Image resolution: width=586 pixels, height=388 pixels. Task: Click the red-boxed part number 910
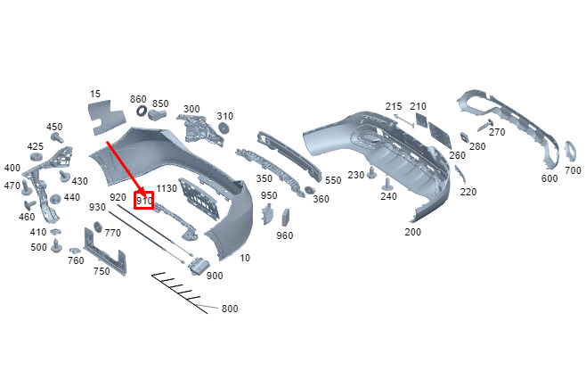(144, 201)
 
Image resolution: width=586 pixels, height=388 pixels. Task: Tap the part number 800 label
(230, 310)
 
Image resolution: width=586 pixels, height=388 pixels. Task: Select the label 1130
(167, 190)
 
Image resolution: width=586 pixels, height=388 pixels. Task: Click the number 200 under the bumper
(412, 232)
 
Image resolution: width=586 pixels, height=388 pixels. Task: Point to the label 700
(573, 169)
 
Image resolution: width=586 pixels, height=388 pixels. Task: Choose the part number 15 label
(96, 93)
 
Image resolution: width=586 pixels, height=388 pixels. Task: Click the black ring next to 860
(140, 114)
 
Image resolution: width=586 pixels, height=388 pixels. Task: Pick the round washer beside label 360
(310, 191)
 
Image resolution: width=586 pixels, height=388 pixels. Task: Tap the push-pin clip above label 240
(387, 183)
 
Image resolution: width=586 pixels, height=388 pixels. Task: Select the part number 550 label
(332, 180)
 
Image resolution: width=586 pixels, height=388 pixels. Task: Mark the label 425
(35, 146)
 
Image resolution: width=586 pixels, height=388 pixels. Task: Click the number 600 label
(549, 178)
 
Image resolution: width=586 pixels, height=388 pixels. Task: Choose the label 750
(102, 271)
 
